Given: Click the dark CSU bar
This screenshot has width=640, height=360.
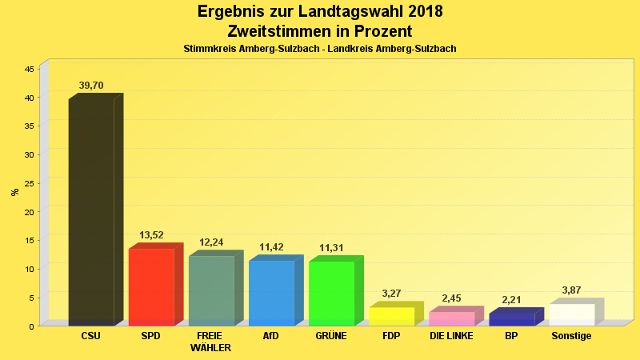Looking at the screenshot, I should pos(91,212).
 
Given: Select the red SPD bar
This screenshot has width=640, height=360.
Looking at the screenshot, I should pos(151,286).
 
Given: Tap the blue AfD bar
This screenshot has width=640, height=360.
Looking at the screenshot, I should pos(271,293).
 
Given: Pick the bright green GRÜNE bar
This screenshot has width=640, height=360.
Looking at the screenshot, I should pos(331,293).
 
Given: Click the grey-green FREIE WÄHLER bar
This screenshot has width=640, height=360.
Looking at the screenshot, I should pos(211,290).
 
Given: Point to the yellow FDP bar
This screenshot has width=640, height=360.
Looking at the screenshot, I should pos(391,316).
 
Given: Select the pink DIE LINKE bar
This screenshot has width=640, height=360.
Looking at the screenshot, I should pos(451,318).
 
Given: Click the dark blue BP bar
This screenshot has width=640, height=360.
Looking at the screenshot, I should pos(511,319).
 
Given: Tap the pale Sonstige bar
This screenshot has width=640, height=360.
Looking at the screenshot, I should pos(571,314).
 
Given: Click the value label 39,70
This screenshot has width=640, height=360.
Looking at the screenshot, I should pos(91,86).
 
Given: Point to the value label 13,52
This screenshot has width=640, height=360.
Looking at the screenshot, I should pos(151,235).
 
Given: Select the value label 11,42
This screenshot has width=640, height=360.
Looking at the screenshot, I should pos(271,247).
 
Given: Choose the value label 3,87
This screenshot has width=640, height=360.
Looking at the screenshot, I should pos(571,290).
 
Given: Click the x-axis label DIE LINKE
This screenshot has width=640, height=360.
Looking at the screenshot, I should pos(451,336).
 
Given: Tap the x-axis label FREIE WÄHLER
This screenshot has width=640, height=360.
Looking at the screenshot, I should pos(211,342).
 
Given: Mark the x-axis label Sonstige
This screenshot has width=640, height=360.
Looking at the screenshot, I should pos(571,336).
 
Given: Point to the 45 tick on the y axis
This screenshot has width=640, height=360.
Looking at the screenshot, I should pos(29,69).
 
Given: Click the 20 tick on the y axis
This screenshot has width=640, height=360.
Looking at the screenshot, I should pos(29,212).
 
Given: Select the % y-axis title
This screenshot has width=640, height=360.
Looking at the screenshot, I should pos(14,192).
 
